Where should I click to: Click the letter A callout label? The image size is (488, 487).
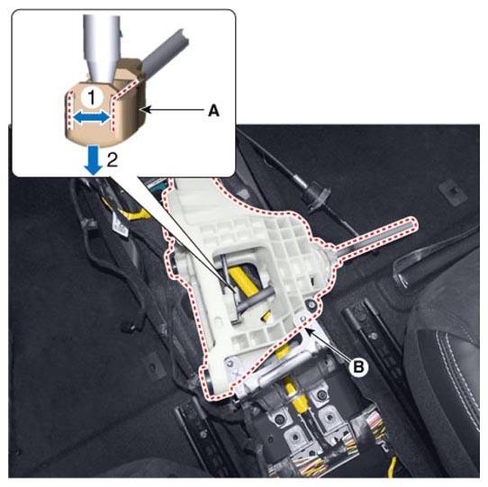[x=213, y=111]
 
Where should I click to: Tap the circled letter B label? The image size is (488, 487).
[x=358, y=367]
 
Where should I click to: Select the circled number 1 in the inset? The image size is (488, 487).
[x=92, y=97]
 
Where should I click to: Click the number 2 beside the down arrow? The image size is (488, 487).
[x=113, y=159]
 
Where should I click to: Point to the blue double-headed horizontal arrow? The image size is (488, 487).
[x=92, y=118]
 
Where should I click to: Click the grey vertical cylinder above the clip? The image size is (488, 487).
[x=102, y=47]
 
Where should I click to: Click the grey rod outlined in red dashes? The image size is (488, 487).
[x=374, y=237]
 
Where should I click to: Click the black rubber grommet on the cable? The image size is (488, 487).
[x=316, y=194]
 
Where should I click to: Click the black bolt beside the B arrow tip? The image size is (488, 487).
[x=312, y=305]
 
